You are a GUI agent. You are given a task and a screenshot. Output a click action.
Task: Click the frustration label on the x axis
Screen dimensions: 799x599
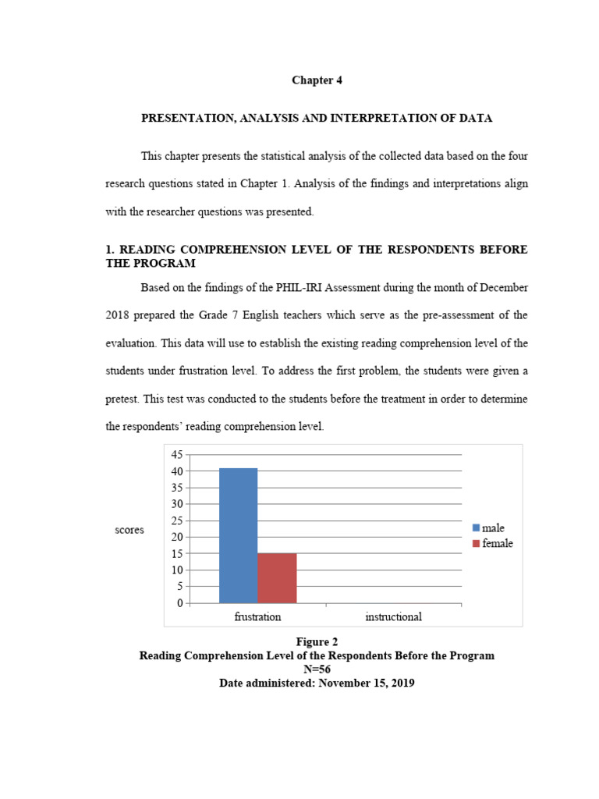[x=257, y=617]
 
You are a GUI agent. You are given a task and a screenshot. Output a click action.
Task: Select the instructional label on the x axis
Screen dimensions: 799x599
[x=393, y=617]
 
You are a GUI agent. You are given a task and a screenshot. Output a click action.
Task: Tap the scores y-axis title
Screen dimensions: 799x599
[x=129, y=530]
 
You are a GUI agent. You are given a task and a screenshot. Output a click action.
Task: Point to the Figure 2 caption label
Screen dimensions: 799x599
[x=317, y=642]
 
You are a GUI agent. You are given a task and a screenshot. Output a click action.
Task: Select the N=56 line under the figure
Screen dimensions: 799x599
[x=317, y=669]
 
